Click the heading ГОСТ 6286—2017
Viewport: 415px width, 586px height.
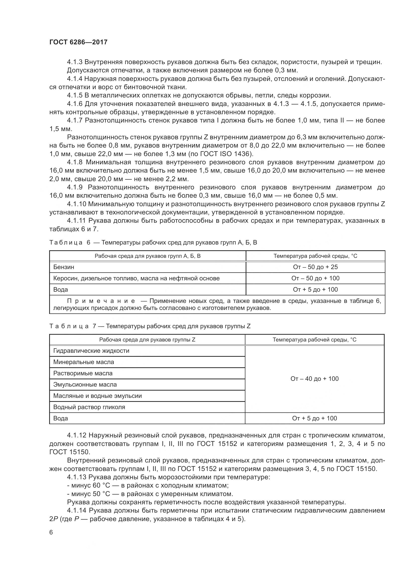78,42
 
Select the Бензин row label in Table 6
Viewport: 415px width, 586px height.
64,267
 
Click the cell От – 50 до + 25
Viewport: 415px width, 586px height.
315,267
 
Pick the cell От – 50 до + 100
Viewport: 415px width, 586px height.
315,278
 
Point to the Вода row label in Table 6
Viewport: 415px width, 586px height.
60,289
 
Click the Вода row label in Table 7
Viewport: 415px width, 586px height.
60,418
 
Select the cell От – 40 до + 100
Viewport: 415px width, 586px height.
314,379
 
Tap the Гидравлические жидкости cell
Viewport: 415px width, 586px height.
91,351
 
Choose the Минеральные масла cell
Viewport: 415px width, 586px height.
84,362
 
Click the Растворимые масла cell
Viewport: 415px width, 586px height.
83,373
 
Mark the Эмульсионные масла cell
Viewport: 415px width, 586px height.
85,384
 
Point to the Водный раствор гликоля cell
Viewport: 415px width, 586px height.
89,407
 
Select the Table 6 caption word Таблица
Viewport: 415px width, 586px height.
66,243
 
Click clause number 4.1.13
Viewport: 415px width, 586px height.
77,477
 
